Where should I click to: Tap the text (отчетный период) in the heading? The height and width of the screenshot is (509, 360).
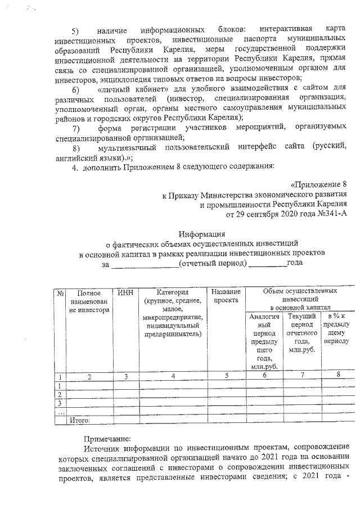[211, 263]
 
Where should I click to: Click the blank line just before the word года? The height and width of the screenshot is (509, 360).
[268, 263]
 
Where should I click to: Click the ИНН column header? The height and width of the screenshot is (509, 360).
[127, 292]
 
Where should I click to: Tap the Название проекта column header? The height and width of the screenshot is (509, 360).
[226, 296]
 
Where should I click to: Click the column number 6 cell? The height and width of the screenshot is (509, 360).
[264, 376]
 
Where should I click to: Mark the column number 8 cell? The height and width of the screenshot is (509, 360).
[338, 376]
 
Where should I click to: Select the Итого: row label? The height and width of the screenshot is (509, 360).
[79, 419]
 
